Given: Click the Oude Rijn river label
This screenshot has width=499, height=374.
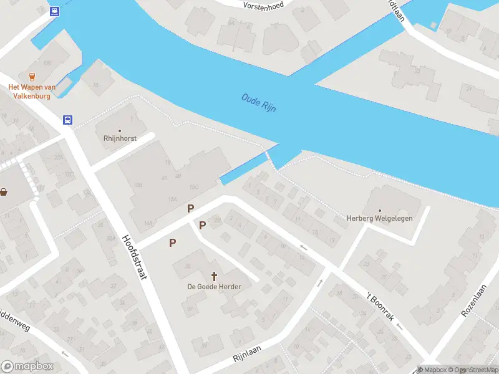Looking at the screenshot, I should [x=259, y=103].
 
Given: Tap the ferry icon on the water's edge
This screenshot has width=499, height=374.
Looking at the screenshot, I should [x=54, y=11].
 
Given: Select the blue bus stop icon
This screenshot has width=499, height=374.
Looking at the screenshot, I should [x=68, y=120].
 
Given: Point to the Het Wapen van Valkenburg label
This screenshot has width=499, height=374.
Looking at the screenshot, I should [x=32, y=92].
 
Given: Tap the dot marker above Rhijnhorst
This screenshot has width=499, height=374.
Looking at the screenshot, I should [x=120, y=131].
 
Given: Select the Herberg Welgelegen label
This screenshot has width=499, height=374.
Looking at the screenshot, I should [x=379, y=218].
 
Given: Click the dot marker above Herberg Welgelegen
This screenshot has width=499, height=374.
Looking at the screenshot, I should [x=379, y=209].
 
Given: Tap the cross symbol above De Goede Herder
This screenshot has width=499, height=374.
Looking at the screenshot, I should [x=215, y=275].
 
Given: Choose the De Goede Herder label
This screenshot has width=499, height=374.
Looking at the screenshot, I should [x=215, y=286].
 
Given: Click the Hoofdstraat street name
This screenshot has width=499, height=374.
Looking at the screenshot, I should [x=135, y=257].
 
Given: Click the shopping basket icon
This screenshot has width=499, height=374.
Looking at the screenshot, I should [x=4, y=191].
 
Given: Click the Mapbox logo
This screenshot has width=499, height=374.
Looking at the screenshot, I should [x=27, y=367].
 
